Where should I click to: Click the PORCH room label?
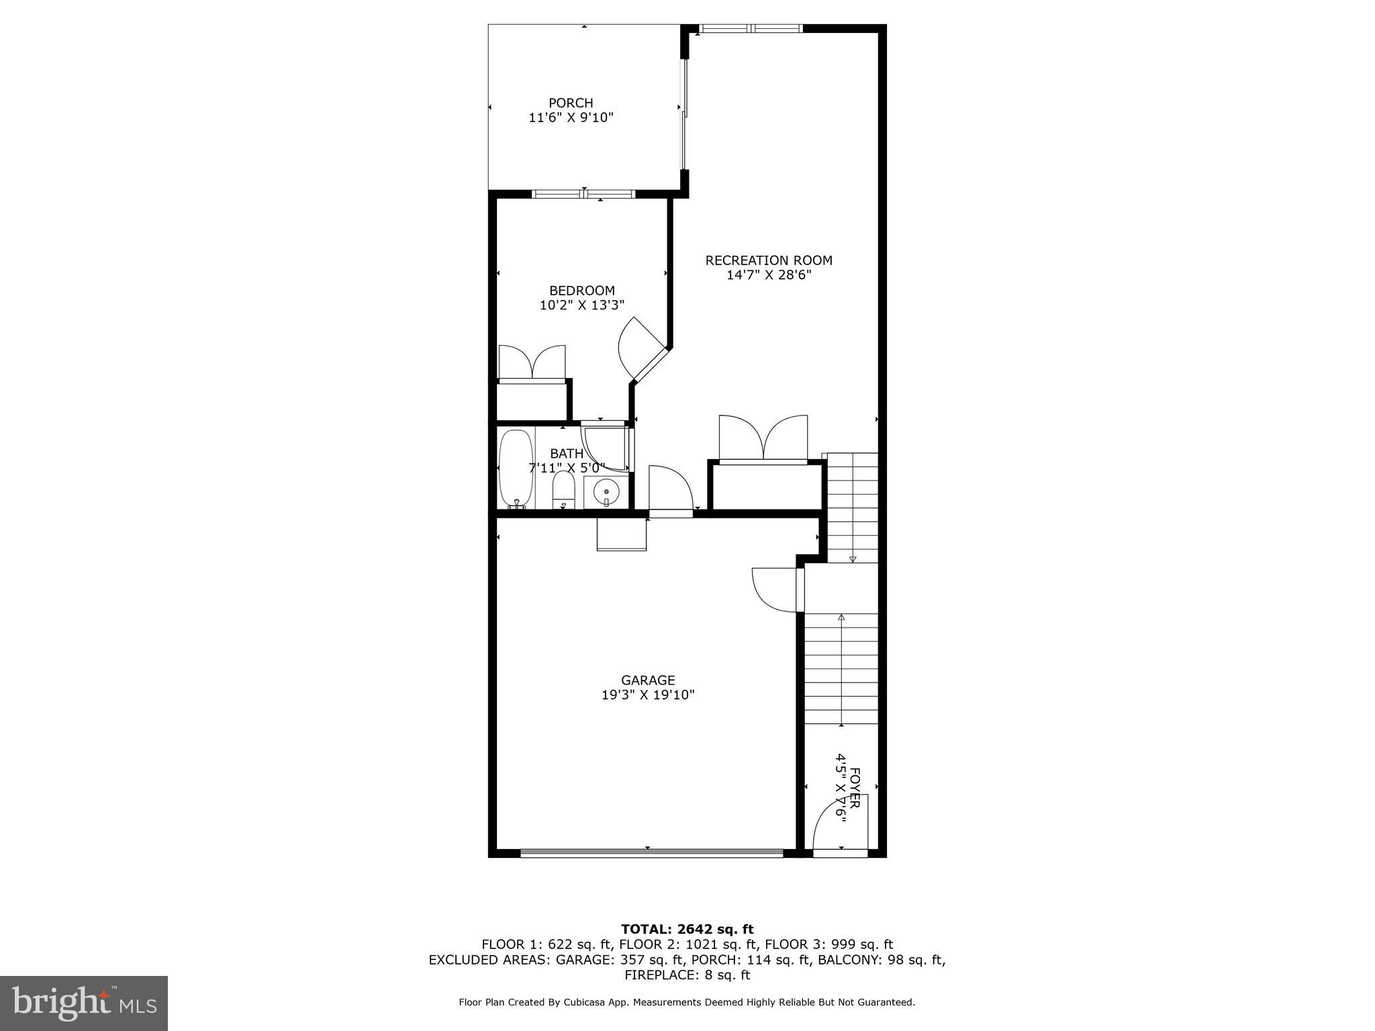click(x=571, y=103)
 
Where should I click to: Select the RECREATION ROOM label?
click(x=769, y=260)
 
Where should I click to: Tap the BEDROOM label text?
click(x=582, y=291)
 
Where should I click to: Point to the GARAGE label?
click(x=648, y=681)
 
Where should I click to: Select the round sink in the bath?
click(x=606, y=493)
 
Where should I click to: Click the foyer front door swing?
click(x=839, y=825)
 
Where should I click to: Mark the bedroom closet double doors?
click(x=532, y=362)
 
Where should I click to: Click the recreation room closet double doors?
click(x=763, y=438)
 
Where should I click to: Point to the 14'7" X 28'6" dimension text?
click(x=769, y=275)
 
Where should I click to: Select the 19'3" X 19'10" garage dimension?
click(x=648, y=695)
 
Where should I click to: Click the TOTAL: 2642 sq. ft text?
click(x=687, y=929)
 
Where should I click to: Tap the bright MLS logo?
click(x=84, y=1003)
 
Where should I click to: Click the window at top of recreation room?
click(x=751, y=28)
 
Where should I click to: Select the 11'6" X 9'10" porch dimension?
click(x=571, y=117)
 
